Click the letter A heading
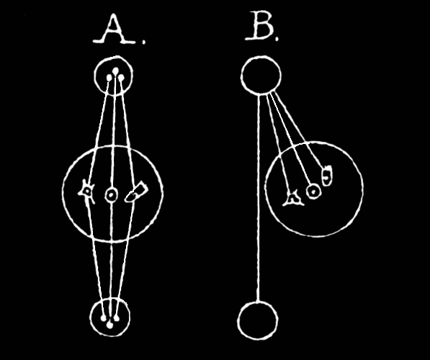[115, 28]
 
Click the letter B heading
[259, 26]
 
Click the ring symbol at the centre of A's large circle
[111, 195]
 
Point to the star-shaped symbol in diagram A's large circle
[87, 192]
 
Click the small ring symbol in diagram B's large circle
[313, 191]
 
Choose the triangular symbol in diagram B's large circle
[293, 199]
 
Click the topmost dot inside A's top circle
[116, 71]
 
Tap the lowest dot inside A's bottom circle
[109, 325]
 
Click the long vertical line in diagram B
[259, 198]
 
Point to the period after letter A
[144, 42]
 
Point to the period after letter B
[277, 39]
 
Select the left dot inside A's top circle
[109, 78]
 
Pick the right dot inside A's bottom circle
[117, 318]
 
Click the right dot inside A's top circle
[122, 78]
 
